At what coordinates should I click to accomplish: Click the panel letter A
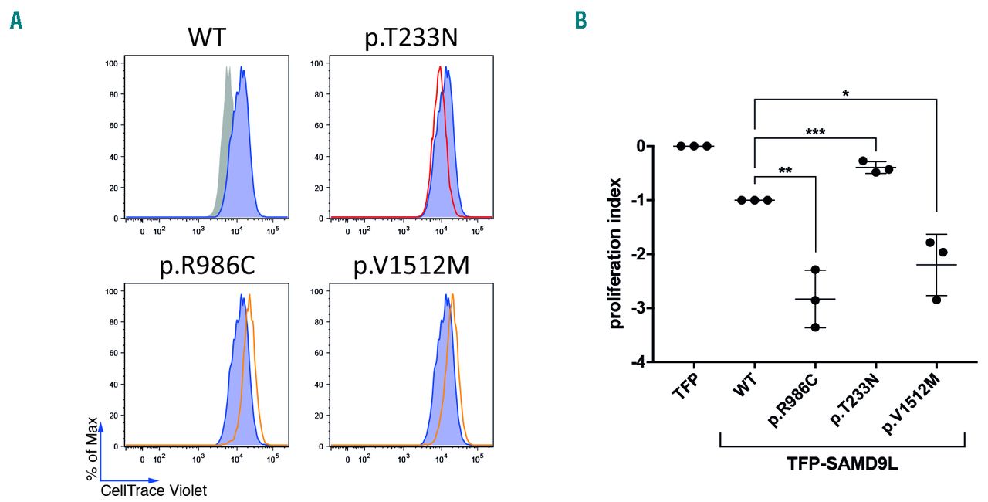pos(15,21)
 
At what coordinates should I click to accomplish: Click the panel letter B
pos(581,21)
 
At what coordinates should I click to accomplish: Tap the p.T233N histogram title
pos(411,38)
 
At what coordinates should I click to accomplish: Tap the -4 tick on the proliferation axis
pos(639,362)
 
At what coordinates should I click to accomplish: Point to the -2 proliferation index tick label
pos(639,254)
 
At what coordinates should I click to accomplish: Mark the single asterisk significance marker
pos(845,93)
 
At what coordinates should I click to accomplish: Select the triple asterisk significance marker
pos(816,133)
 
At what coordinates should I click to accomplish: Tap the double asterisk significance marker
pos(785,170)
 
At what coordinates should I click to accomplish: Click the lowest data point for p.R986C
pos(815,327)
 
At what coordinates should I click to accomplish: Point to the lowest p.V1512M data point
pos(936,299)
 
